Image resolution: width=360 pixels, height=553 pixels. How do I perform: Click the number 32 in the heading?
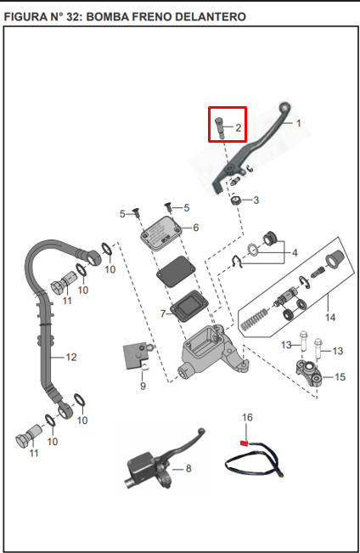pyautogui.click(x=73, y=17)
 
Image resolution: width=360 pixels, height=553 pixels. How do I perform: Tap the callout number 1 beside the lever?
pyautogui.click(x=299, y=123)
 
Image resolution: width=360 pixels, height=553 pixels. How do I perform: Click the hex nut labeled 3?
pyautogui.click(x=235, y=201)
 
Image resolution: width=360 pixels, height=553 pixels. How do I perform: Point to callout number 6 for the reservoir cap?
pyautogui.click(x=195, y=228)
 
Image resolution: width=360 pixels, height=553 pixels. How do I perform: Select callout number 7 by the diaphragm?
pyautogui.click(x=162, y=313)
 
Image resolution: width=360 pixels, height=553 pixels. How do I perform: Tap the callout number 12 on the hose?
pyautogui.click(x=71, y=358)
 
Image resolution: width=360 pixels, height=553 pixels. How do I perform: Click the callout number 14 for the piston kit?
pyautogui.click(x=330, y=318)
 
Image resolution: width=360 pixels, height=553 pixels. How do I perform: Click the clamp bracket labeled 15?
pyautogui.click(x=309, y=373)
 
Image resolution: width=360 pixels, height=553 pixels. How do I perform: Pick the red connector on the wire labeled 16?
pyautogui.click(x=244, y=443)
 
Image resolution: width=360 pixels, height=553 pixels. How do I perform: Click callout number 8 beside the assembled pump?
pyautogui.click(x=188, y=468)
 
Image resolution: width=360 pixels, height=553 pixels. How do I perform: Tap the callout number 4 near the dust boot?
pyautogui.click(x=295, y=252)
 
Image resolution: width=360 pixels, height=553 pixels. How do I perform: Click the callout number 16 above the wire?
pyautogui.click(x=247, y=417)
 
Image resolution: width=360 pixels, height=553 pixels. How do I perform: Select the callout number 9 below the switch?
pyautogui.click(x=143, y=386)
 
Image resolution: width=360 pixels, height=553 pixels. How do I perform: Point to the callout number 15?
pyautogui.click(x=340, y=377)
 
